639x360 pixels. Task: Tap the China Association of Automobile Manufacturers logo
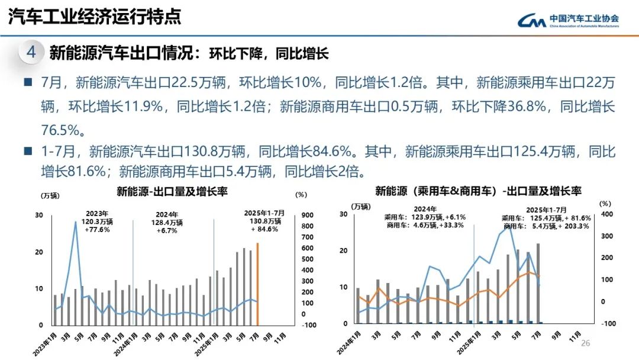coord(568,20)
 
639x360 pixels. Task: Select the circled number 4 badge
coord(31,52)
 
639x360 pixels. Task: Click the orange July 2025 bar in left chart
coord(257,284)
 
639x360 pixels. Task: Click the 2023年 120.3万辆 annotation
coord(96,221)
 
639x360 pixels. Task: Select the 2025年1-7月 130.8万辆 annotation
coord(264,221)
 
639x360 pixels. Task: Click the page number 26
coord(586,343)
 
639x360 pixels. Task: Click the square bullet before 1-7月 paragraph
coord(28,152)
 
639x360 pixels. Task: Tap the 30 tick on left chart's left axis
coord(39,215)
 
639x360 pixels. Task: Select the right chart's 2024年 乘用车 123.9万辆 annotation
coord(425,217)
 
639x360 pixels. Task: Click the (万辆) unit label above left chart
coord(50,195)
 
